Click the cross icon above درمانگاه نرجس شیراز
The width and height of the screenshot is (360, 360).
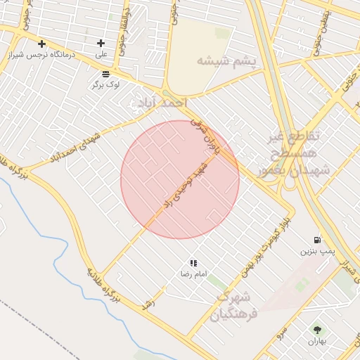click(x=42, y=44)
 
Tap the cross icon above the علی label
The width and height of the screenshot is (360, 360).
click(x=101, y=43)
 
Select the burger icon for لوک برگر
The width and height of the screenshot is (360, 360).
click(x=105, y=73)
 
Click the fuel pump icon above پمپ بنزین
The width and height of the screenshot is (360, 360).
click(x=318, y=240)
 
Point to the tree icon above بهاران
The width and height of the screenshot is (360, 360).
click(x=317, y=329)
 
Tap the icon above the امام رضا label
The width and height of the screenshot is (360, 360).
click(x=193, y=263)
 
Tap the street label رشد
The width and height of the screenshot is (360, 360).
click(x=148, y=304)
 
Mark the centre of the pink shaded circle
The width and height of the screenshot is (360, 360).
click(x=180, y=179)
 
